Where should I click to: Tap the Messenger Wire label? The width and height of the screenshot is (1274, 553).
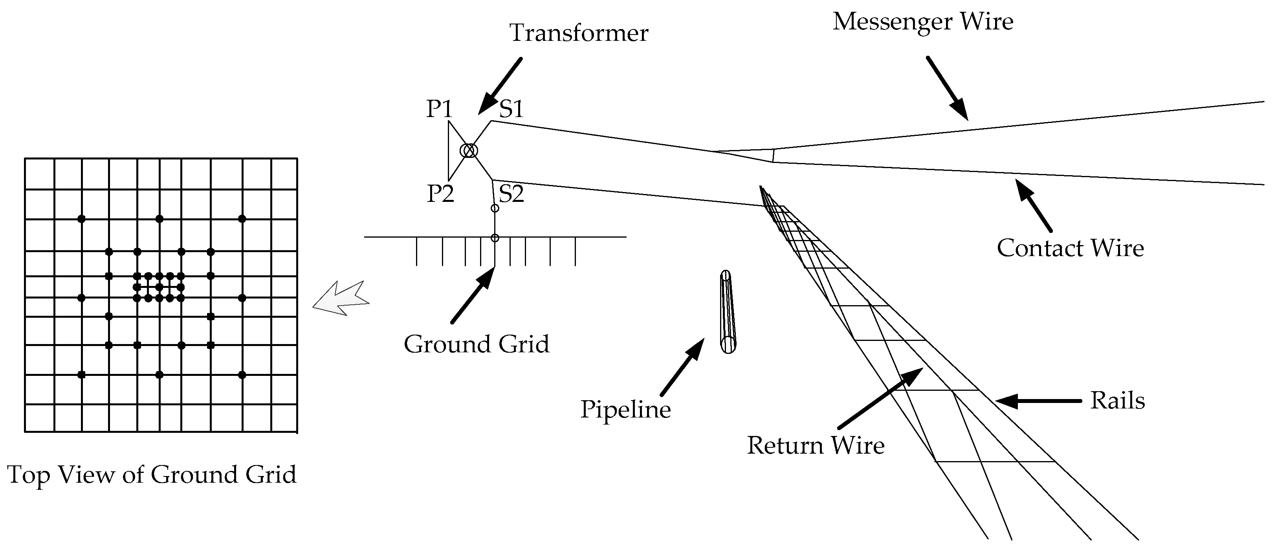[x=922, y=22]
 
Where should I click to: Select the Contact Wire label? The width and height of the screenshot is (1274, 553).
[x=1070, y=248]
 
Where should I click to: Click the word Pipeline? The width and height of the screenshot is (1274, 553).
[x=625, y=410]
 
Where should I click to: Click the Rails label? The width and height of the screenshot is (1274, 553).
[x=1117, y=400]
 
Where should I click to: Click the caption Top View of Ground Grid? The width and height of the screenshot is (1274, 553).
[x=152, y=474]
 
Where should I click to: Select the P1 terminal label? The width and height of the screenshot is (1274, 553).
[x=439, y=108]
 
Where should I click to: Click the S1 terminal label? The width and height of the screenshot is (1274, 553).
[x=511, y=108]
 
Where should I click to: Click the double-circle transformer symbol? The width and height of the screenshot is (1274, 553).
[x=469, y=150]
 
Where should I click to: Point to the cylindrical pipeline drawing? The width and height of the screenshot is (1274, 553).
[x=728, y=311]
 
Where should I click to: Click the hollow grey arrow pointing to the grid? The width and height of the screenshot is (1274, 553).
[x=341, y=298]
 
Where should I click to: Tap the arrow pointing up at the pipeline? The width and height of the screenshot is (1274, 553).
[x=682, y=366]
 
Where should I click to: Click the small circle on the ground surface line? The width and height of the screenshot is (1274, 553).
[x=495, y=238]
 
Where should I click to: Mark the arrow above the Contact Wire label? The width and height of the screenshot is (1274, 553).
[x=1034, y=205]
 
